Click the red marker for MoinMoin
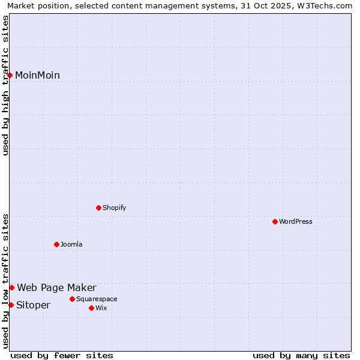pyautogui.click(x=10, y=75)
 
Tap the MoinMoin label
pyautogui.click(x=37, y=75)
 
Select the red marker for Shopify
pyautogui.click(x=99, y=208)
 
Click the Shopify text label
pyautogui.click(x=114, y=208)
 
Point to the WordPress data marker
pyautogui.click(x=275, y=221)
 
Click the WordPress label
pyautogui.click(x=295, y=221)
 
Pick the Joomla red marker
pyautogui.click(x=57, y=244)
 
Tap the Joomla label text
pyautogui.click(x=71, y=244)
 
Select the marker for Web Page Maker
pyautogui.click(x=11, y=287)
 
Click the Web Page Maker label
pyautogui.click(x=56, y=287)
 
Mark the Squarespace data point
pyautogui.click(x=73, y=299)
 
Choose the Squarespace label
pyautogui.click(x=97, y=299)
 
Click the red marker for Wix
pyautogui.click(x=92, y=308)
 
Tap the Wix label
pyautogui.click(x=101, y=308)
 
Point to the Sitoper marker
pyautogui.click(x=11, y=305)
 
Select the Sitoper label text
pyautogui.click(x=33, y=305)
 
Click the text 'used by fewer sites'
pyautogui.click(x=62, y=355)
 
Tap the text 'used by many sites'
pyautogui.click(x=301, y=355)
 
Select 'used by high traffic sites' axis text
pyautogui.click(x=5, y=85)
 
